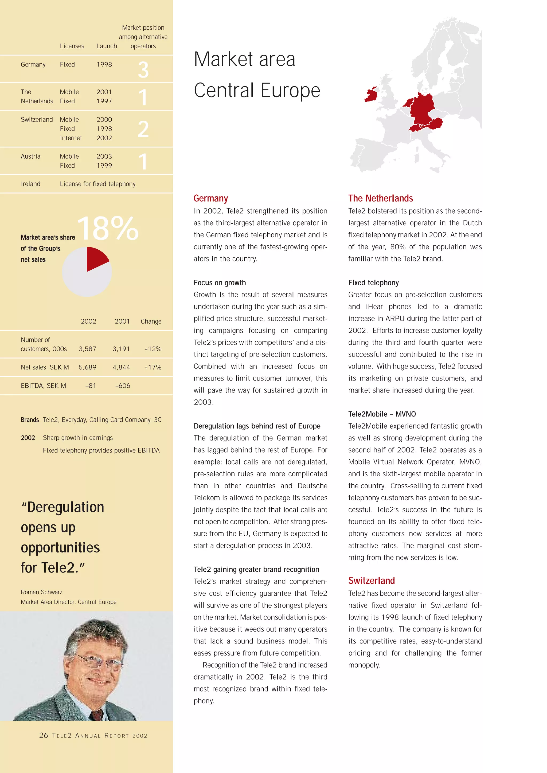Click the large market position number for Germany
point(143,70)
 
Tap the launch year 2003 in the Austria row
point(104,156)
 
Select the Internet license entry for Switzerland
point(71,138)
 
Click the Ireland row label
point(31,184)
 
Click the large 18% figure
point(108,229)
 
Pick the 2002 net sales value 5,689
point(88,367)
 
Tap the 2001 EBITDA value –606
point(123,386)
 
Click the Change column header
point(151,321)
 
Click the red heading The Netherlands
point(380,198)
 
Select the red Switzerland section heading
point(371,581)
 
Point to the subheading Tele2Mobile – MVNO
point(382,414)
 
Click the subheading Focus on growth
point(220,283)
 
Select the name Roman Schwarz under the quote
point(41,592)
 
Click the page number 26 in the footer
point(44,735)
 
